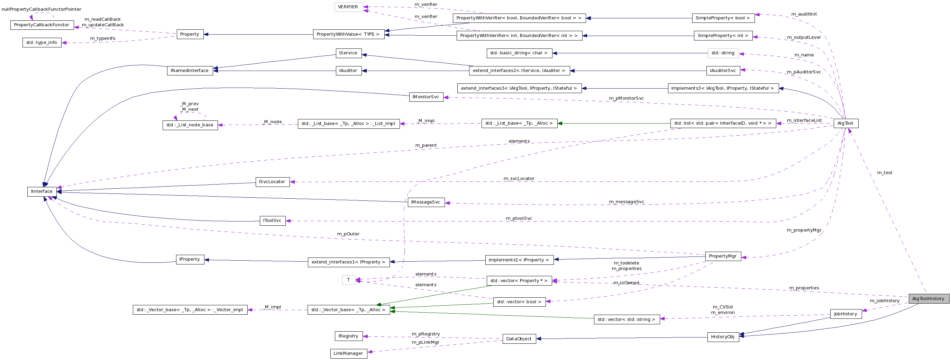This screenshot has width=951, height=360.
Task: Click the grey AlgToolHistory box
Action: tap(928, 299)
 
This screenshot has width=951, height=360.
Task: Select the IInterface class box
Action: tap(42, 192)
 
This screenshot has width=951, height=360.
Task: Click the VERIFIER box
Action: tap(348, 7)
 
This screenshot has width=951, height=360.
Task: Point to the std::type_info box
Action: tap(42, 43)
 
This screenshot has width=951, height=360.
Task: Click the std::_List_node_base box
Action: tap(190, 125)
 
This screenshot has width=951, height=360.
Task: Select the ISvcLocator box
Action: tap(272, 182)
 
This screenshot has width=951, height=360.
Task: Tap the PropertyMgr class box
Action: tap(722, 256)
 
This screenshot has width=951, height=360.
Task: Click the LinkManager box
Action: tap(348, 354)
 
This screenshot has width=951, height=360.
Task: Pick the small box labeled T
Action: tap(348, 280)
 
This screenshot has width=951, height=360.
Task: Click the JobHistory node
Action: tap(845, 314)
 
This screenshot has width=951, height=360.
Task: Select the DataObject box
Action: tap(519, 339)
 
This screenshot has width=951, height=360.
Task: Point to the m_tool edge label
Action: tap(885, 173)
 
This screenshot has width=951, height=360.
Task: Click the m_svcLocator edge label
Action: tap(519, 179)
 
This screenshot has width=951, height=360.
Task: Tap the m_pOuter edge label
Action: tap(348, 234)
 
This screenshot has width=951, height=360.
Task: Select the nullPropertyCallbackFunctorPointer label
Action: tap(42, 9)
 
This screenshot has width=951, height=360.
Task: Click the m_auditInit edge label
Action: tap(804, 15)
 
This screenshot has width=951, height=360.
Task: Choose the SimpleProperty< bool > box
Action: tap(722, 18)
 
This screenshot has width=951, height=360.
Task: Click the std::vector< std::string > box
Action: tap(626, 319)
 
